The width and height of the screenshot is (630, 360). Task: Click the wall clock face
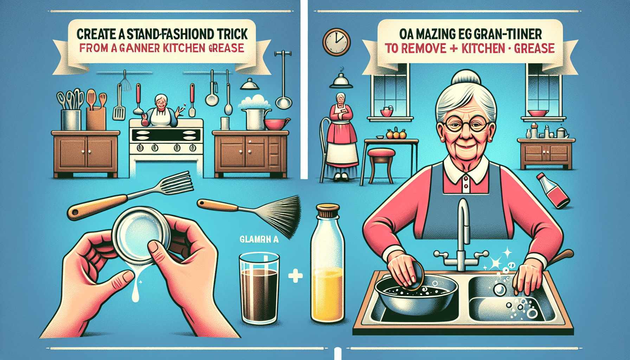click(336, 42)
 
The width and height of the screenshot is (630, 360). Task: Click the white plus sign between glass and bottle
click(295, 276)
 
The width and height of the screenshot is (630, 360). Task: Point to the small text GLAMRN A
click(259, 239)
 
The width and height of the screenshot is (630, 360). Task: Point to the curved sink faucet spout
click(463, 214)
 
